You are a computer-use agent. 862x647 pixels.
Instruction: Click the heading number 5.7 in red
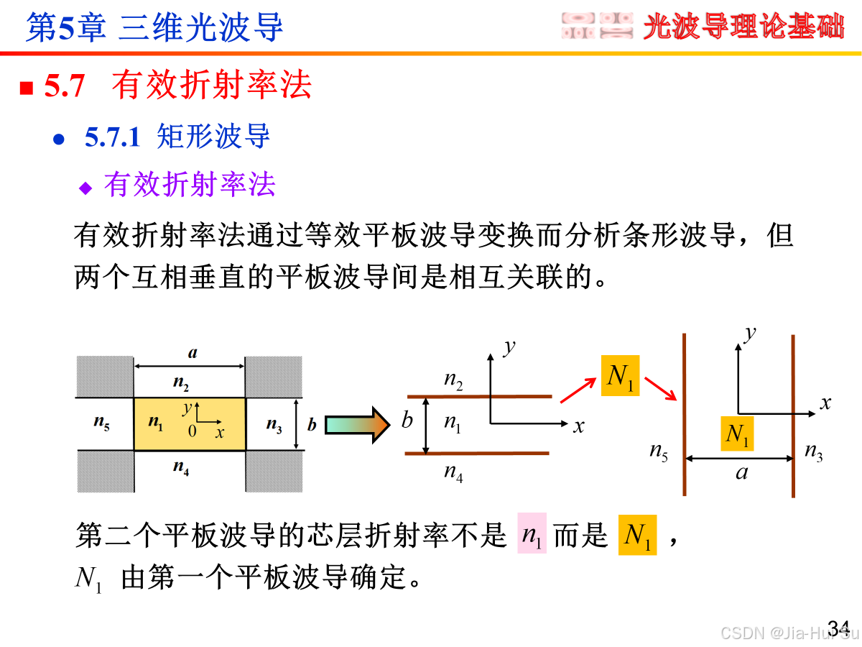tap(65, 86)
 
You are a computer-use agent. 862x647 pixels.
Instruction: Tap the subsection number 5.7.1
tap(112, 137)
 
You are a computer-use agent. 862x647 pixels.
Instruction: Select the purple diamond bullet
tap(86, 188)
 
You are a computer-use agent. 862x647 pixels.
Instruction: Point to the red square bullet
tap(27, 88)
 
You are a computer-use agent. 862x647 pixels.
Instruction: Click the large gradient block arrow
tap(356, 424)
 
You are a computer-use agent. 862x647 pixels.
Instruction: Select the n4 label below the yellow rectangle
tap(181, 468)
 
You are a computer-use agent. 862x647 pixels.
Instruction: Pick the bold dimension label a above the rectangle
tap(193, 353)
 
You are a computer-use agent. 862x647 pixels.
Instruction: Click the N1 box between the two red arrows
tap(621, 376)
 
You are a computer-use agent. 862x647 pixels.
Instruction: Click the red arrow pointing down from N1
tap(660, 388)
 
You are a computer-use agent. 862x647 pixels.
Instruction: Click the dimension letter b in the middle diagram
tap(407, 421)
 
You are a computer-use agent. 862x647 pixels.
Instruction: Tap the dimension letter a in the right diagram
tap(742, 472)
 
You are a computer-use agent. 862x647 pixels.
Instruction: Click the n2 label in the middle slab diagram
tap(453, 380)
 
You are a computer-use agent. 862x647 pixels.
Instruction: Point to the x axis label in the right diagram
tap(825, 403)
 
